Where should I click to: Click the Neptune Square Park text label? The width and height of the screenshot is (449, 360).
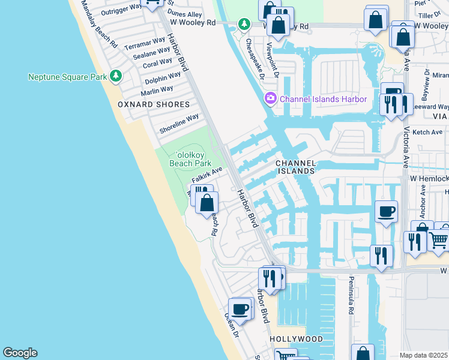(x=67, y=77)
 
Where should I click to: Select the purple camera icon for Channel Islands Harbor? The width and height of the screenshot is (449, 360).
(x=271, y=98)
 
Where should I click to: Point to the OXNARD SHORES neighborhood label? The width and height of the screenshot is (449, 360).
(x=145, y=104)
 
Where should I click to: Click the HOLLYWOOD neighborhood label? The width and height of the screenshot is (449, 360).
(x=296, y=339)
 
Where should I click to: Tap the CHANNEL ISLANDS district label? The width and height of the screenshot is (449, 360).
(x=295, y=167)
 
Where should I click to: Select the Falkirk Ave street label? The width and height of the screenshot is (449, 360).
(x=207, y=175)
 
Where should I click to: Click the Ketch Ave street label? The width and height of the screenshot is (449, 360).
(x=427, y=132)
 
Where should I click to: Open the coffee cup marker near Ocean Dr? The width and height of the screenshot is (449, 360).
(x=240, y=308)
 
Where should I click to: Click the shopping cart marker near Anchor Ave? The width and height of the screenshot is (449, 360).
(x=439, y=239)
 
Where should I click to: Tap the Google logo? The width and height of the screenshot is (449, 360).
(x=20, y=353)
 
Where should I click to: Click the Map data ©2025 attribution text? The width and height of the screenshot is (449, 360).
(x=424, y=355)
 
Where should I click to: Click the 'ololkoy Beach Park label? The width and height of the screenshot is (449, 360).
(x=190, y=158)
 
